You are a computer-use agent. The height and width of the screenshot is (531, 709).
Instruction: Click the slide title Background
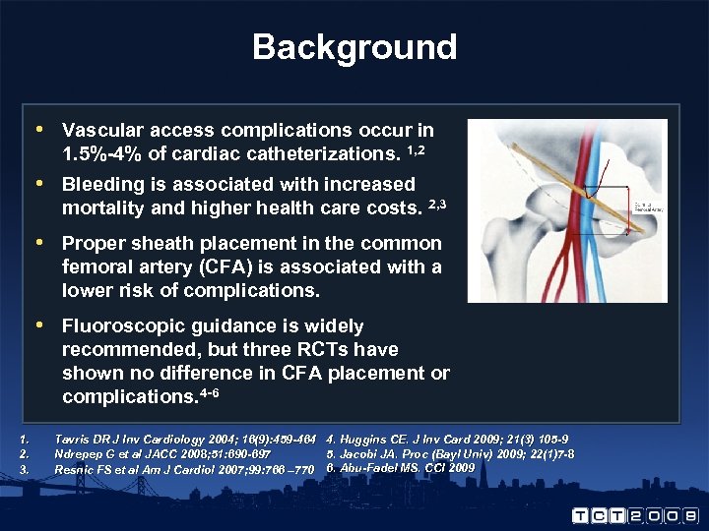pyautogui.click(x=354, y=47)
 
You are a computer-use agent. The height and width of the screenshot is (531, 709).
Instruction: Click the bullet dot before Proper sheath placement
pyautogui.click(x=38, y=243)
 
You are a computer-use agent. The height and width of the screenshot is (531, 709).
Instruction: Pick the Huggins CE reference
pyautogui.click(x=447, y=439)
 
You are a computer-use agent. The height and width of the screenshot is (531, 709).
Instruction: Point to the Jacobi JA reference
pyautogui.click(x=450, y=453)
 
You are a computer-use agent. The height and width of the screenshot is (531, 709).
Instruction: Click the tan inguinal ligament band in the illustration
pyautogui.click(x=551, y=186)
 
